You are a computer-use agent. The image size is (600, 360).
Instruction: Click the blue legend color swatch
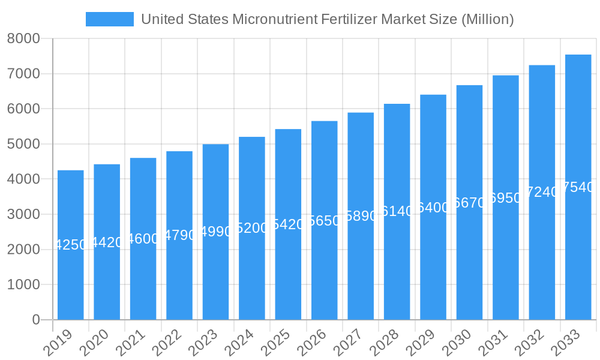110,19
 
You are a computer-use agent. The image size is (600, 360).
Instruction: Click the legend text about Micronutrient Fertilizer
327,19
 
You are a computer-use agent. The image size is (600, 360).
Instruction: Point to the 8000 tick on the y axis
23,39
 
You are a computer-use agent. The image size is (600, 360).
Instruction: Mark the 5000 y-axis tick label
23,144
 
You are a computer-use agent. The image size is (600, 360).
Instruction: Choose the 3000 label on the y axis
23,214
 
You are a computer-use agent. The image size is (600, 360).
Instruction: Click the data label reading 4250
71,245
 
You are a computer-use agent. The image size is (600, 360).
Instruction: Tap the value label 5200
252,228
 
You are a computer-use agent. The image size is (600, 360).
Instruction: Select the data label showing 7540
578,187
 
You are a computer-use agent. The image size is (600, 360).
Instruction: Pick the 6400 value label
433,208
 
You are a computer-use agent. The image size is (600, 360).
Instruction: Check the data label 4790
179,235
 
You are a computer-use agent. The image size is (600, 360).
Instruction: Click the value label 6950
506,198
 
